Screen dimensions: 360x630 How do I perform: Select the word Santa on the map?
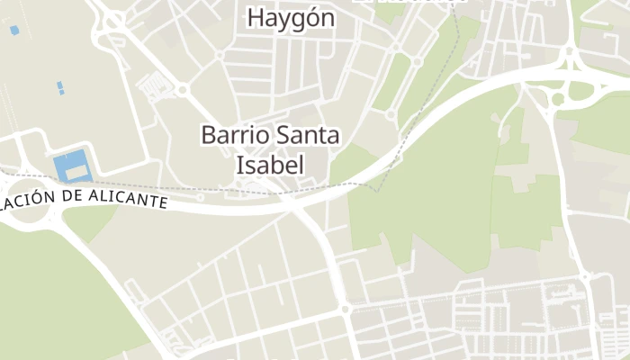[x=306, y=136]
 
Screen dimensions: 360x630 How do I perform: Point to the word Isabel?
[x=269, y=165]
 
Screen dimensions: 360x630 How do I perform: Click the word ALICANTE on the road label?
[x=123, y=199]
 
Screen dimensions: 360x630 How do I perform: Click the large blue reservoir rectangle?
[x=72, y=166]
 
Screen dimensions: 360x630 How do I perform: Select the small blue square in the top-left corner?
[x=14, y=31]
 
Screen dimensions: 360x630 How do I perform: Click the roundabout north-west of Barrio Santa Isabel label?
[x=182, y=90]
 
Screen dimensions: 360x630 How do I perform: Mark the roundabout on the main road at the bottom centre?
[x=346, y=309]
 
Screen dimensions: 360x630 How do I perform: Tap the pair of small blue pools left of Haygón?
[x=60, y=87]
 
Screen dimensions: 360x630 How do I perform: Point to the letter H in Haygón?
[x=256, y=17]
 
